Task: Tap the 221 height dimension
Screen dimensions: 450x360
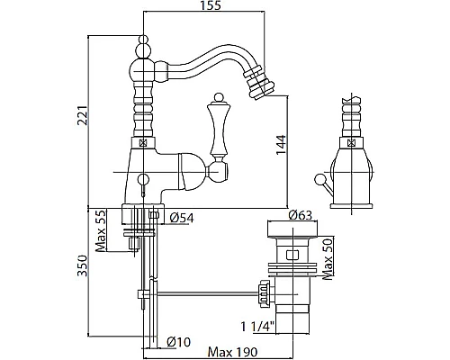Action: (x=82, y=115)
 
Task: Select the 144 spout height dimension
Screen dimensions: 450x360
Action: (x=281, y=145)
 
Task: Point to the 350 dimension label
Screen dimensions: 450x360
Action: (x=82, y=265)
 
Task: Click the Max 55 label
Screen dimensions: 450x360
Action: (x=101, y=231)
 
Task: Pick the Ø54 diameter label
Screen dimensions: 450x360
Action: (x=182, y=218)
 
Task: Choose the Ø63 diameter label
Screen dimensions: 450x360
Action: (x=301, y=215)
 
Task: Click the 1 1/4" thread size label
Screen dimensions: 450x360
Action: (x=258, y=327)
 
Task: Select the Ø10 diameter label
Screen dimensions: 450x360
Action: (x=179, y=342)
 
